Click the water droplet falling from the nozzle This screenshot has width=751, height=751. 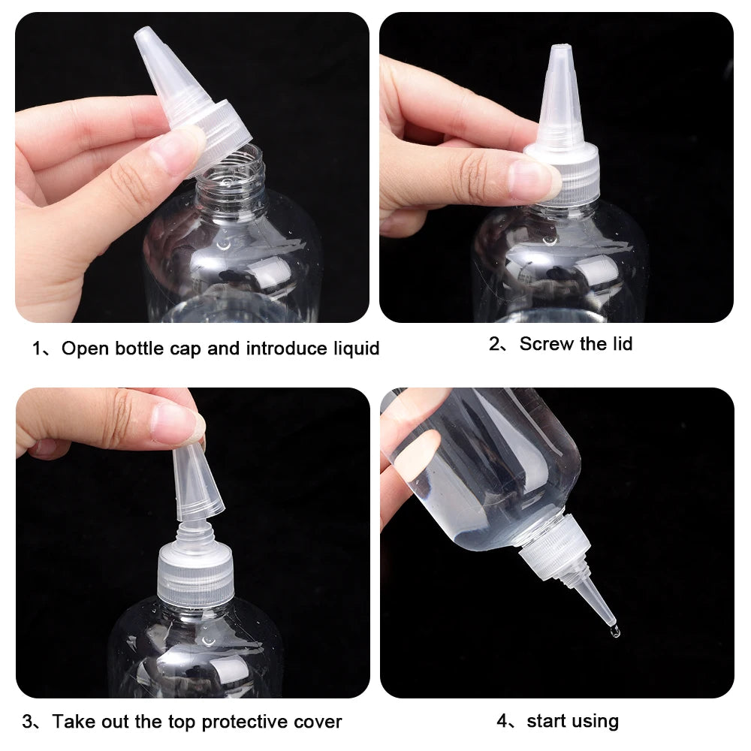coord(615,632)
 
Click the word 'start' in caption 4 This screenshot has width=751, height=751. coord(546,721)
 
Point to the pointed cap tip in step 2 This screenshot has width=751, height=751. coord(560,56)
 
